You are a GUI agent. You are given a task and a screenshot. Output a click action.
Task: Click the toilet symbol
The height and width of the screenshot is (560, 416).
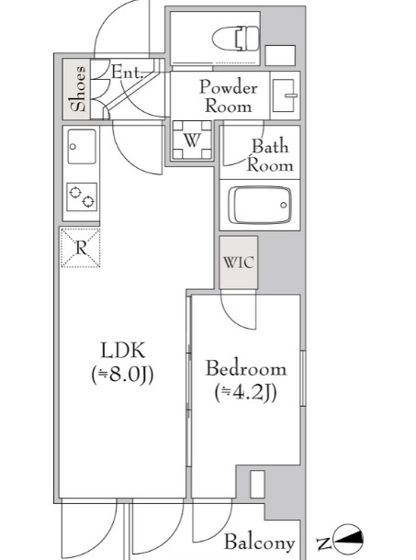tap(235, 39)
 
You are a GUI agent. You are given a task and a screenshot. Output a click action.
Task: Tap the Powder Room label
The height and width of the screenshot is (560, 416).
tap(228, 96)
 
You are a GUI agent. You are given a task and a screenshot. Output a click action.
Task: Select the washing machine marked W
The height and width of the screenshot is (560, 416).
tap(192, 140)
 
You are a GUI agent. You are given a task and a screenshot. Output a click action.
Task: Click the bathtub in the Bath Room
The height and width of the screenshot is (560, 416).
tap(260, 206)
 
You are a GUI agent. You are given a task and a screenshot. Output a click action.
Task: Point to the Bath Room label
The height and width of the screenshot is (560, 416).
tap(270, 155)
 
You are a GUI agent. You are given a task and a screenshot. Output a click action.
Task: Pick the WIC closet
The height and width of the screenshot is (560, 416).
tap(239, 263)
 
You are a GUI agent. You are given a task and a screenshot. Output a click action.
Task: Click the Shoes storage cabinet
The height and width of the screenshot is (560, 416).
tap(76, 89)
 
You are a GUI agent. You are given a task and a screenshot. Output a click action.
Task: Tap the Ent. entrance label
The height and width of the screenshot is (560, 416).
tap(127, 73)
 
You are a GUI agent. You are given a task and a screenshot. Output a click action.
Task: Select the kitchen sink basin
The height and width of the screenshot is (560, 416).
tap(82, 147)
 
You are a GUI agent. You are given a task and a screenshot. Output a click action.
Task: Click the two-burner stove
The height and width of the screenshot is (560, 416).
tap(82, 197)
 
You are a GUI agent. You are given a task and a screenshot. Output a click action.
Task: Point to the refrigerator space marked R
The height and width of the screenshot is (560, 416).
tap(81, 248)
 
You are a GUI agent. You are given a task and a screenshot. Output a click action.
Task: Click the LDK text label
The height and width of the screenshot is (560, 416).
tap(123, 350)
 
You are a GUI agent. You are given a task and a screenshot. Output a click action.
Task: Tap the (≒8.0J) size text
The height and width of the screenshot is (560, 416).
tap(122, 375)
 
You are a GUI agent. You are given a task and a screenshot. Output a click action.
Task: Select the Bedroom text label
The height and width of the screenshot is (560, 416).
tap(246, 368)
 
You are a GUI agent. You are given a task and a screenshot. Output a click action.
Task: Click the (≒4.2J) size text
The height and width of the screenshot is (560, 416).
tap(246, 393)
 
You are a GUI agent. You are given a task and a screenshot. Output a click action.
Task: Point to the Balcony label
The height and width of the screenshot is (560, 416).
tap(260, 542)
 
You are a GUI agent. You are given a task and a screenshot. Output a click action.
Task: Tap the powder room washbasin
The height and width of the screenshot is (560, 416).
tap(285, 95)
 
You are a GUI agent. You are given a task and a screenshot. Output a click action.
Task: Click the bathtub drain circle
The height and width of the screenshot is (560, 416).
tap(284, 205)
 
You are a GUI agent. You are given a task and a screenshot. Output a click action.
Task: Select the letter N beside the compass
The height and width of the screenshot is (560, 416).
tap(323, 543)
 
